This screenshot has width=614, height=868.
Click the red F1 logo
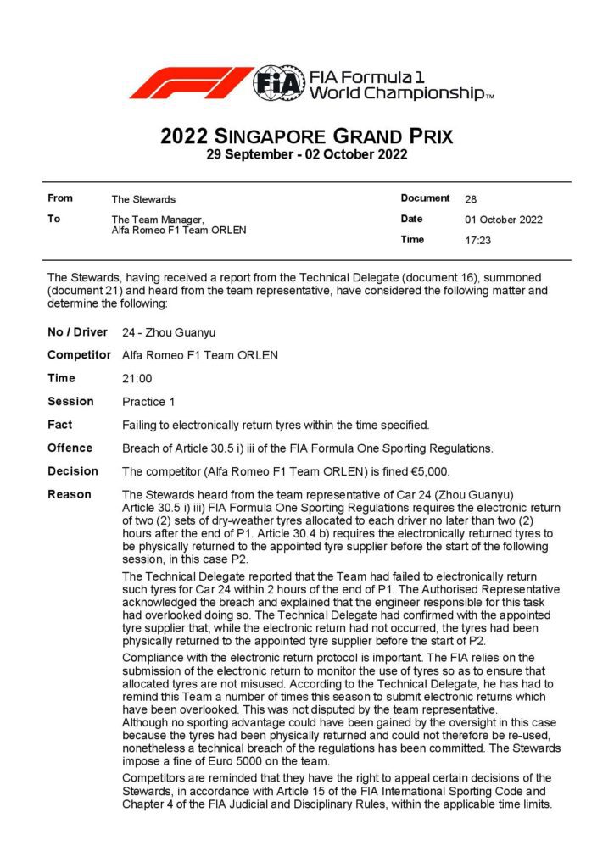191,82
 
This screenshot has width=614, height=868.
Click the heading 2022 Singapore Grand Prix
306,136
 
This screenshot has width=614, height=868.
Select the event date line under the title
306,154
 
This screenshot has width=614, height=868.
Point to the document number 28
471,199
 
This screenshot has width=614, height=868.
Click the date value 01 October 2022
504,220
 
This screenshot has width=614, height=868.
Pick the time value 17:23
477,241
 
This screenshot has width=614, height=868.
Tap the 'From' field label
60,198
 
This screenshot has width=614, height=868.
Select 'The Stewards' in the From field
143,199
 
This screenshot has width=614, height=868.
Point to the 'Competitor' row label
79,355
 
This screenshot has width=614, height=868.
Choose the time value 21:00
137,378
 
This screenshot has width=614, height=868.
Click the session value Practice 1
151,402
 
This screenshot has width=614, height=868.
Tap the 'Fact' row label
59,425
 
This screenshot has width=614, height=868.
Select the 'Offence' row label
70,448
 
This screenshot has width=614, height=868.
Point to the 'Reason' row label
70,494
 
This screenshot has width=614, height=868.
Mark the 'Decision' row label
73,471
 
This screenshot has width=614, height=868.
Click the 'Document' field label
425,198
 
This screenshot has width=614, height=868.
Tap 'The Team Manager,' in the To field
157,220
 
